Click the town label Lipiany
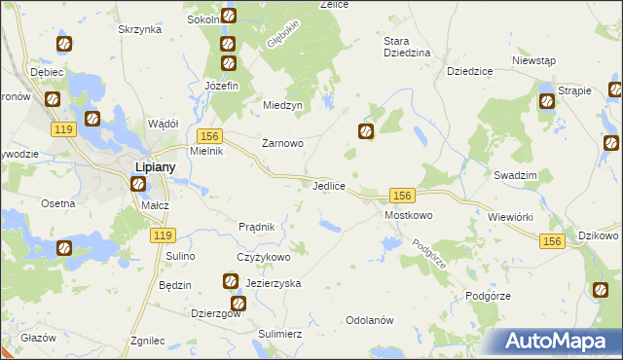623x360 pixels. coord(154,165)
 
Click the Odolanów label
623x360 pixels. coord(369,320)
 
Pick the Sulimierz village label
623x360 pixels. coord(280,333)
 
